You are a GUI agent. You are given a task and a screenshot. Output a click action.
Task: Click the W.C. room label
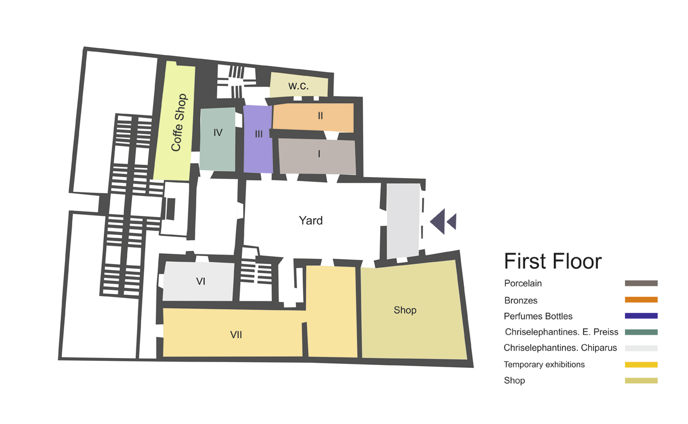(x=299, y=86)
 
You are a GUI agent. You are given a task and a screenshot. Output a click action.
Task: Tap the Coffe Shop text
(x=179, y=123)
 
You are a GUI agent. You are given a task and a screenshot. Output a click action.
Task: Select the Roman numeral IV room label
(x=218, y=132)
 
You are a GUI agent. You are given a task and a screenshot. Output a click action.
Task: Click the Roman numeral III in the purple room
(x=259, y=134)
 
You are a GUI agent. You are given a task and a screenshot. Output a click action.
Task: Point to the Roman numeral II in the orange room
(x=320, y=116)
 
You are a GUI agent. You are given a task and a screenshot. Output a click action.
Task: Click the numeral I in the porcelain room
(x=319, y=154)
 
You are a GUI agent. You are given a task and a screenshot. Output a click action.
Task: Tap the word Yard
(x=311, y=221)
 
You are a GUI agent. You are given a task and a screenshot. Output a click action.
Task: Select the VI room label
(x=201, y=281)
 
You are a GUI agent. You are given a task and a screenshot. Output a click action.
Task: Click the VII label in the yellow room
(x=236, y=335)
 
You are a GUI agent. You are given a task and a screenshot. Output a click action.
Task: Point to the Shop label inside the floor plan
(x=405, y=310)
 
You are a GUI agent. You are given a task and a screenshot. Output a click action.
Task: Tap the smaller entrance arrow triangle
(x=453, y=221)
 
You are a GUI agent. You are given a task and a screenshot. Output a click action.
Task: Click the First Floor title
(x=553, y=262)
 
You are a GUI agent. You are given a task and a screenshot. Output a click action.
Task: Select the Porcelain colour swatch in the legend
(x=641, y=283)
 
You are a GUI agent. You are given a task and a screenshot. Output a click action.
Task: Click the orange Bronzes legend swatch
(x=641, y=300)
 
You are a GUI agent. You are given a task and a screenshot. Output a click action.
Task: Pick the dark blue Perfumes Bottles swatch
(x=641, y=316)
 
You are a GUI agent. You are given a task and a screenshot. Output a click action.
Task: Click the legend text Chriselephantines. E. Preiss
(x=561, y=332)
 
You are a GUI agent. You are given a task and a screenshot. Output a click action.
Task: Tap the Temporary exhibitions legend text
(x=544, y=364)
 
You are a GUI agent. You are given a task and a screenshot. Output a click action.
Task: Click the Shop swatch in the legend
(x=641, y=380)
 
